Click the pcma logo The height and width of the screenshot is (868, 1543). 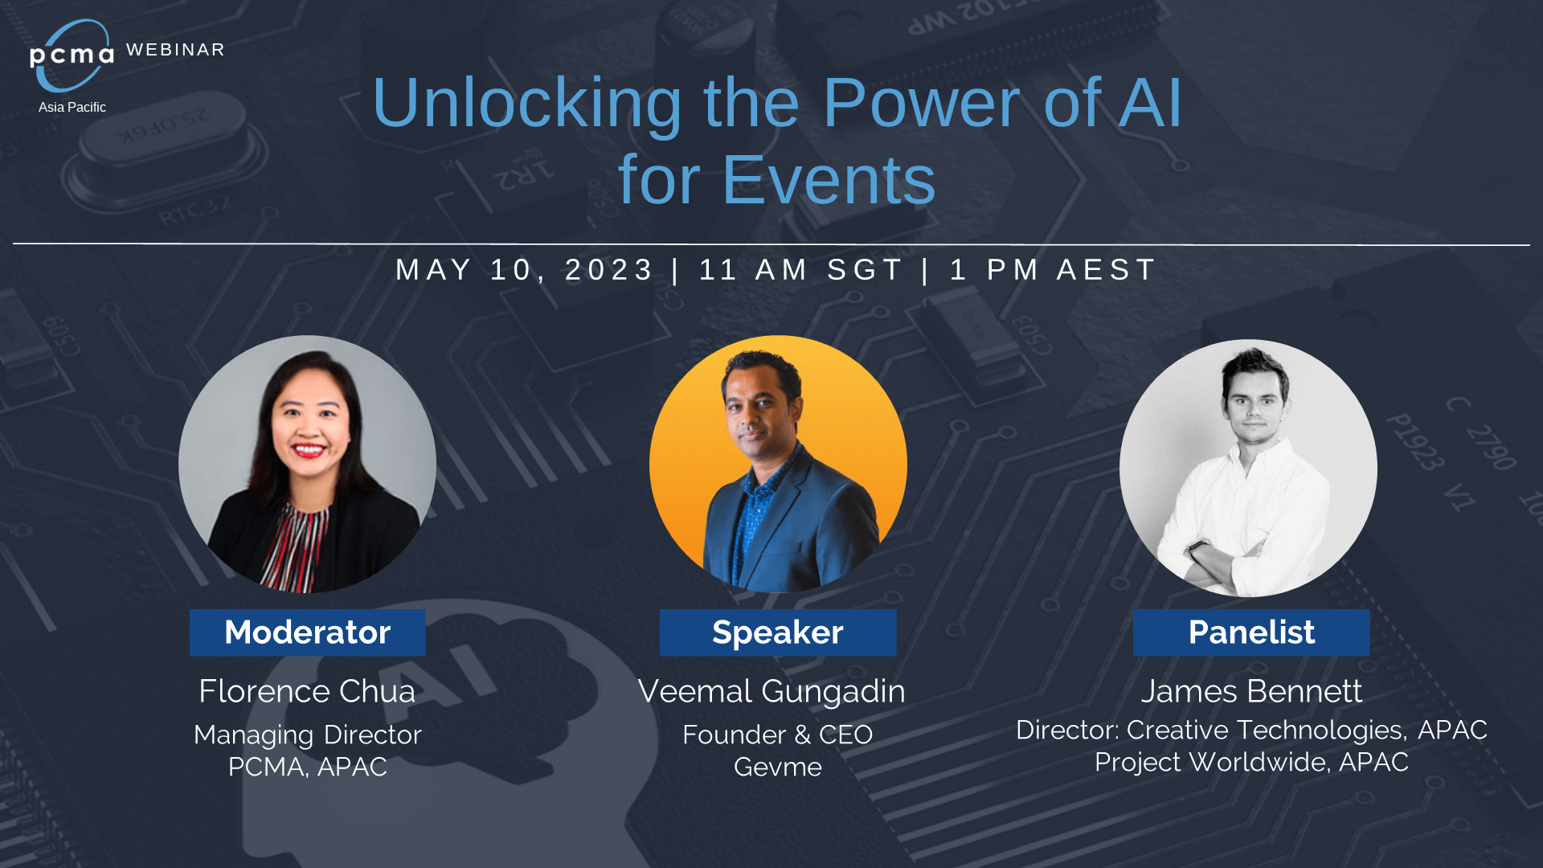pyautogui.click(x=72, y=55)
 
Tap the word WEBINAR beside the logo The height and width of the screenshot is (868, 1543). pyautogui.click(x=175, y=50)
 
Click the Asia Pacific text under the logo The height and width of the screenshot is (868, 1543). pyautogui.click(x=72, y=107)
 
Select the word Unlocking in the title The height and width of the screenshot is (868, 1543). pyautogui.click(x=527, y=104)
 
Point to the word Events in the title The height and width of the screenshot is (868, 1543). pyautogui.click(x=829, y=180)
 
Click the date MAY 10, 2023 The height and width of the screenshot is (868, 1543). pyautogui.click(x=525, y=270)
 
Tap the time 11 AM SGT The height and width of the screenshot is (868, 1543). pyautogui.click(x=801, y=270)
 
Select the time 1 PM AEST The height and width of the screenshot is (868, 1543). pyautogui.click(x=1053, y=270)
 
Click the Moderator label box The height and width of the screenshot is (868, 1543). pyautogui.click(x=308, y=633)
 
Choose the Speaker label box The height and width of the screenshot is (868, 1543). pyautogui.click(x=778, y=633)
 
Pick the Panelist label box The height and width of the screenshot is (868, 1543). pyautogui.click(x=1251, y=633)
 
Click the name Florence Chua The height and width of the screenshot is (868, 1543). pyautogui.click(x=307, y=691)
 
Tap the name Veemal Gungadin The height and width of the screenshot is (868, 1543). pyautogui.click(x=771, y=692)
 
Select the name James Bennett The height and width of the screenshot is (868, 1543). pyautogui.click(x=1251, y=691)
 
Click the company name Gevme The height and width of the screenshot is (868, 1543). pyautogui.click(x=778, y=767)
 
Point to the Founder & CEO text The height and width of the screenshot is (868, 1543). pyautogui.click(x=778, y=735)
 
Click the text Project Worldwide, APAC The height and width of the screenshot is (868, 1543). pyautogui.click(x=1251, y=762)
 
